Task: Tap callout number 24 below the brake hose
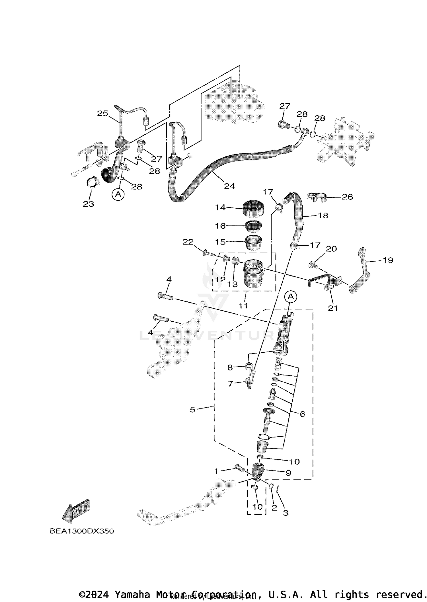(229, 186)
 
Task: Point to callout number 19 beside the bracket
(388, 260)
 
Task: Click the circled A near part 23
(118, 194)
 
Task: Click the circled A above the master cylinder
(291, 297)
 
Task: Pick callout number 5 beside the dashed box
(192, 410)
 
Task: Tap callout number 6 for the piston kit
(302, 414)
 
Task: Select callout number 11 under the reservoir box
(243, 305)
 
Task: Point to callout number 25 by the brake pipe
(102, 113)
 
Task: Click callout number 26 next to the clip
(347, 197)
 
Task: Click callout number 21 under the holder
(333, 308)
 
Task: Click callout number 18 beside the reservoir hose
(323, 215)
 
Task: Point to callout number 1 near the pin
(216, 472)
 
